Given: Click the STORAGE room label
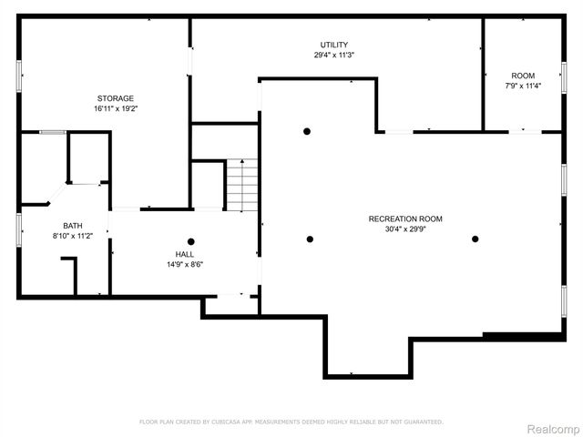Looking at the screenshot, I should click(116, 98).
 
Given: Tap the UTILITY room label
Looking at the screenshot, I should click(333, 45).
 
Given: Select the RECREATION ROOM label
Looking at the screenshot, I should click(405, 218).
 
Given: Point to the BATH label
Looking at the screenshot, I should click(72, 226).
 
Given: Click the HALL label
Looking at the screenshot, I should click(184, 255).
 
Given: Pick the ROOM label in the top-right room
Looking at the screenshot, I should click(523, 76).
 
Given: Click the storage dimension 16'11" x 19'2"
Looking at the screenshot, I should click(116, 108).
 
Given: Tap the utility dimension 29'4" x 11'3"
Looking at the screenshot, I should click(333, 55).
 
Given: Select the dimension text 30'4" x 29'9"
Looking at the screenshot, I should click(405, 229).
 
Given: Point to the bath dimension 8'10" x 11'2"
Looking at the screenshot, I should click(72, 236).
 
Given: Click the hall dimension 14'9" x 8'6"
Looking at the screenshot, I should click(184, 265).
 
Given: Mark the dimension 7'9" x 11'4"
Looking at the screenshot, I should click(523, 86).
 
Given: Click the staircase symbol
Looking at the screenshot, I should click(241, 184).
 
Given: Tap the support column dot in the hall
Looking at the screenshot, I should click(191, 241).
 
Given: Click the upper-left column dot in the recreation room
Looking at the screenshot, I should click(307, 131).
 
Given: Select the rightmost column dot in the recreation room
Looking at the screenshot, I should click(475, 239).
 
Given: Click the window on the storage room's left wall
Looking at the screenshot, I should click(19, 76).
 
